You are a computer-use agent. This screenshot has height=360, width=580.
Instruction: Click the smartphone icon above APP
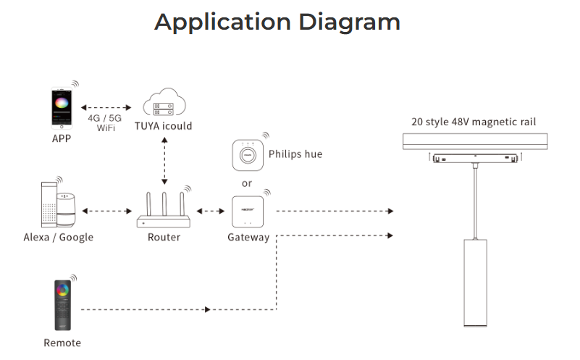tap(62, 108)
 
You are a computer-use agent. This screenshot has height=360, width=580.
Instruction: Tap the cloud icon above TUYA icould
tap(164, 101)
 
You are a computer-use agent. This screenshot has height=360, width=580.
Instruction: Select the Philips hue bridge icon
tap(248, 155)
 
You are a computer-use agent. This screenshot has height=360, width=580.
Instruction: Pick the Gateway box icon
tap(248, 212)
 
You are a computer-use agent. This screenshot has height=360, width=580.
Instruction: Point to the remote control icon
tap(62, 305)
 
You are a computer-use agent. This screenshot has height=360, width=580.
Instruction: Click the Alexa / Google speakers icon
tap(59, 204)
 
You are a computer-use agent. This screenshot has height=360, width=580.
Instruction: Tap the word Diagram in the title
tap(350, 22)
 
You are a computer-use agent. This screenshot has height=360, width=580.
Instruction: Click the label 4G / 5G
tap(105, 118)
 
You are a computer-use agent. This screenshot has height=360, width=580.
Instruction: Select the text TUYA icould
tap(164, 126)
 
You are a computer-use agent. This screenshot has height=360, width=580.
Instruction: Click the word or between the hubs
tap(247, 183)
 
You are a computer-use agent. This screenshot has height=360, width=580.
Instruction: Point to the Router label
tap(164, 237)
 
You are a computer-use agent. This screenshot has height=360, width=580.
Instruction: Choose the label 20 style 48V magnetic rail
tap(474, 122)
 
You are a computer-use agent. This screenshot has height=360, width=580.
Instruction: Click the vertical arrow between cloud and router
tap(164, 161)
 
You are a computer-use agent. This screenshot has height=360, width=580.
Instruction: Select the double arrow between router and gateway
tap(211, 212)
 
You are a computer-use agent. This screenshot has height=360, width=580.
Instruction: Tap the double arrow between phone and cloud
tap(106, 108)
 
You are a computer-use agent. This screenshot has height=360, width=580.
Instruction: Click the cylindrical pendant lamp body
tap(475, 283)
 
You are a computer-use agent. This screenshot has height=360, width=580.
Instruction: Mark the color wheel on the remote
tap(62, 290)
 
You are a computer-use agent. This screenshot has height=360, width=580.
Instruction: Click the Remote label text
tap(62, 343)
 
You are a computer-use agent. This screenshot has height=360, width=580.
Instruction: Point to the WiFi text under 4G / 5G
tap(106, 128)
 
